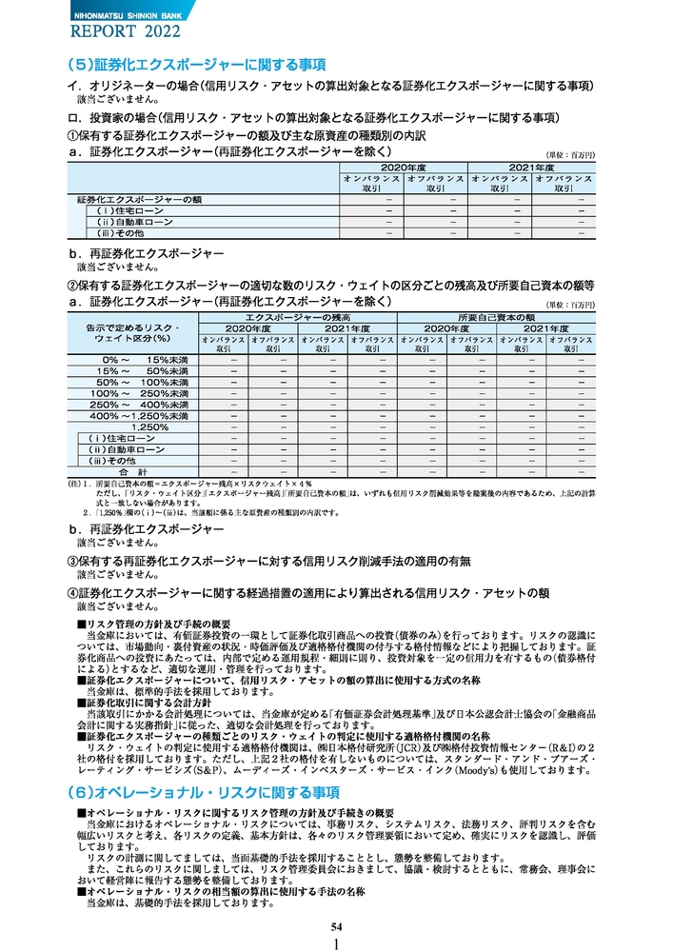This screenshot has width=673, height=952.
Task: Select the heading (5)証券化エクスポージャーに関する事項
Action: (195, 65)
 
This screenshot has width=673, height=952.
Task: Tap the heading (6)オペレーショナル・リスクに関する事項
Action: (204, 792)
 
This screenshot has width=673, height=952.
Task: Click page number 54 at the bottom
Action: (336, 926)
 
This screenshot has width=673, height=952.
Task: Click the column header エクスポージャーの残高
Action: (298, 315)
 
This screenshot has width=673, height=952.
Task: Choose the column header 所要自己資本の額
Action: (497, 315)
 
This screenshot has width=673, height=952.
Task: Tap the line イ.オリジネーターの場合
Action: (329, 86)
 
